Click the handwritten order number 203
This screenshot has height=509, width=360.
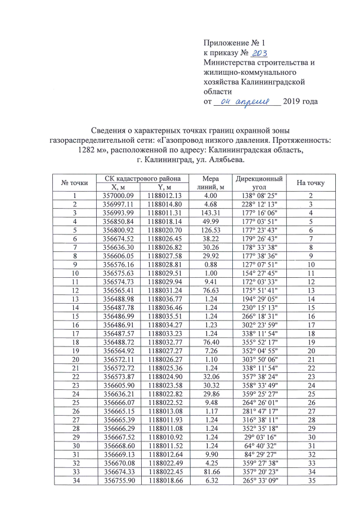pyautogui.click(x=259, y=53)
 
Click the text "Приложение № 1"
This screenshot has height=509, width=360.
pyautogui.click(x=233, y=43)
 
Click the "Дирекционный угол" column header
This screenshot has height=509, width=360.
pyautogui.click(x=256, y=183)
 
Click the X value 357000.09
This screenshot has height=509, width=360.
pyautogui.click(x=118, y=196)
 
